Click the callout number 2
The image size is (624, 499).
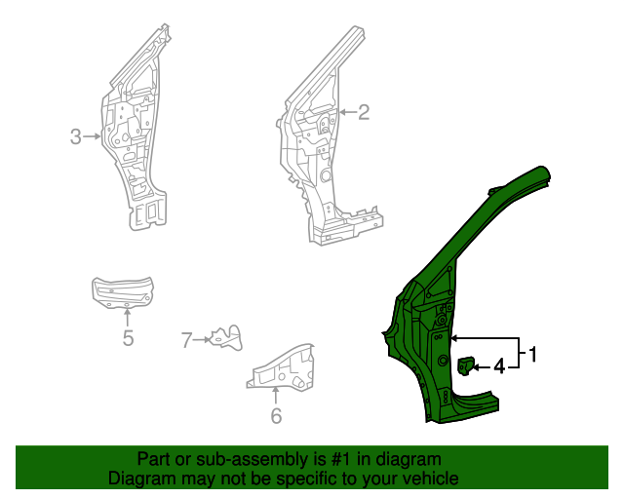pos(364,113)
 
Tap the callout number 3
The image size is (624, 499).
pos(76,137)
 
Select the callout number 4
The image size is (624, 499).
pos(498,366)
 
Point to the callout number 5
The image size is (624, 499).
pos(128,339)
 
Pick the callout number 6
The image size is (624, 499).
pos(276,416)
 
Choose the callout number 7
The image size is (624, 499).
pos(186,340)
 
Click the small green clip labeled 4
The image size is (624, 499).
pos(466,365)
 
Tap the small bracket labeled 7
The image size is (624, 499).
pos(226,336)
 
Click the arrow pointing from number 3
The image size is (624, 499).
pos(93,137)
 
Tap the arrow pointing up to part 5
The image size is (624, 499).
pos(128,318)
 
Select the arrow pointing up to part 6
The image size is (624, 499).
pos(276,396)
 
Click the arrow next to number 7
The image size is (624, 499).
pos(202,340)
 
